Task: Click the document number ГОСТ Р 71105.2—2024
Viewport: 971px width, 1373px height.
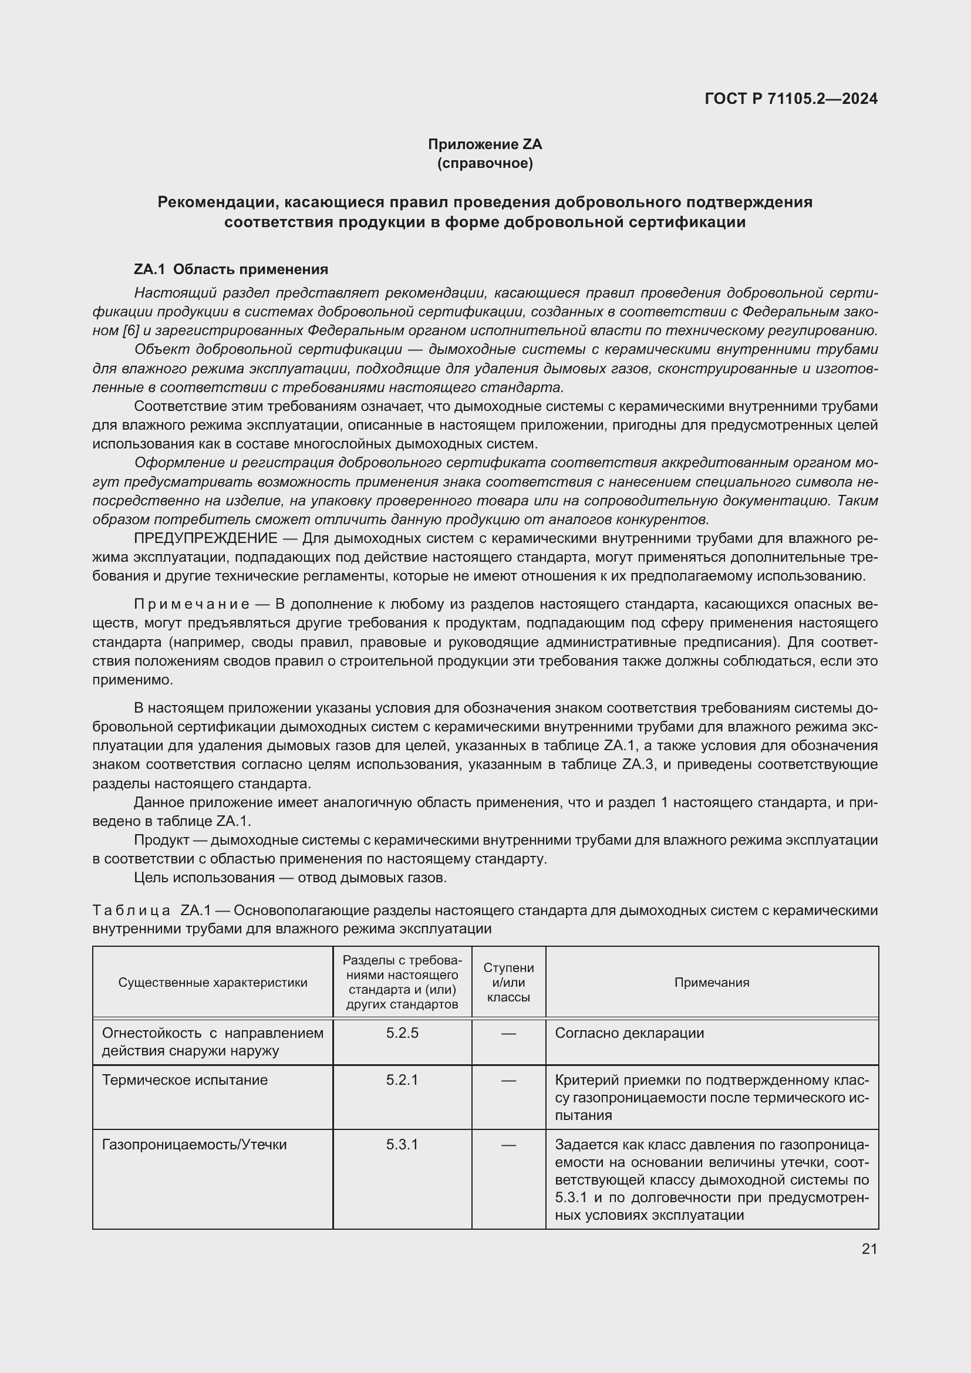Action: tap(790, 99)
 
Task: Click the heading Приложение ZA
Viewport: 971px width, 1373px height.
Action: tap(484, 144)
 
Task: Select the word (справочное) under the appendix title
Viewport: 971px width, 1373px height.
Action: tap(484, 163)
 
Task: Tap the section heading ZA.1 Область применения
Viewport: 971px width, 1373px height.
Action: tap(231, 269)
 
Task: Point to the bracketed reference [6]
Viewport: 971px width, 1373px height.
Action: tap(130, 330)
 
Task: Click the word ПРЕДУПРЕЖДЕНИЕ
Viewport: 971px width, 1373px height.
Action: tap(205, 538)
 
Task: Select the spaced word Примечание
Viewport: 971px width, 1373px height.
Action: tap(191, 605)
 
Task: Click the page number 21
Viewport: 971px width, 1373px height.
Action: tap(869, 1249)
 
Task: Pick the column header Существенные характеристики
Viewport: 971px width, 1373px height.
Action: tap(213, 983)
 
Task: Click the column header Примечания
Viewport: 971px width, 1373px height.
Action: tap(712, 983)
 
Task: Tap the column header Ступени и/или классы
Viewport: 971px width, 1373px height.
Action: tap(508, 983)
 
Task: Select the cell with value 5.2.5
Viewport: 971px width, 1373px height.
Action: tap(402, 1033)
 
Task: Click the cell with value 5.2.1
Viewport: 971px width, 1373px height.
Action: tap(402, 1081)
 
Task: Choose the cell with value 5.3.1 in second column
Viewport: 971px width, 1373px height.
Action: tap(402, 1145)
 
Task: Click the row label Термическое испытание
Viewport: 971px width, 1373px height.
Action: tap(185, 1081)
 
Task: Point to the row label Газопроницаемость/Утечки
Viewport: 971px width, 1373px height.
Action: tap(194, 1145)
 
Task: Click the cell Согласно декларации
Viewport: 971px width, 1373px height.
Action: tap(629, 1033)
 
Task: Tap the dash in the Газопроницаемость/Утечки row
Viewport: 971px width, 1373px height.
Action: tap(508, 1145)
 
